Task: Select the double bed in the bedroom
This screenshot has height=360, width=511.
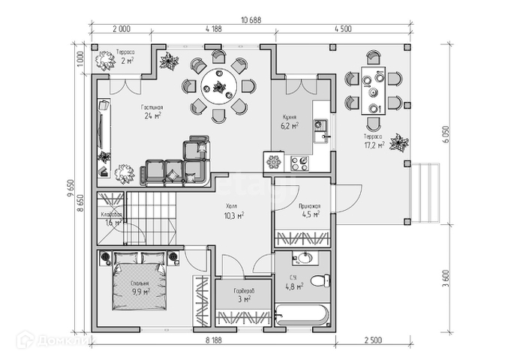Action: point(140,285)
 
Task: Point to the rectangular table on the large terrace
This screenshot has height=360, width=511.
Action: point(373,90)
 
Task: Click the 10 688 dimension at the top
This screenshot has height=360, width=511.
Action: point(251,19)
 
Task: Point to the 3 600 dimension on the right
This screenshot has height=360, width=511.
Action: point(446,277)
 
